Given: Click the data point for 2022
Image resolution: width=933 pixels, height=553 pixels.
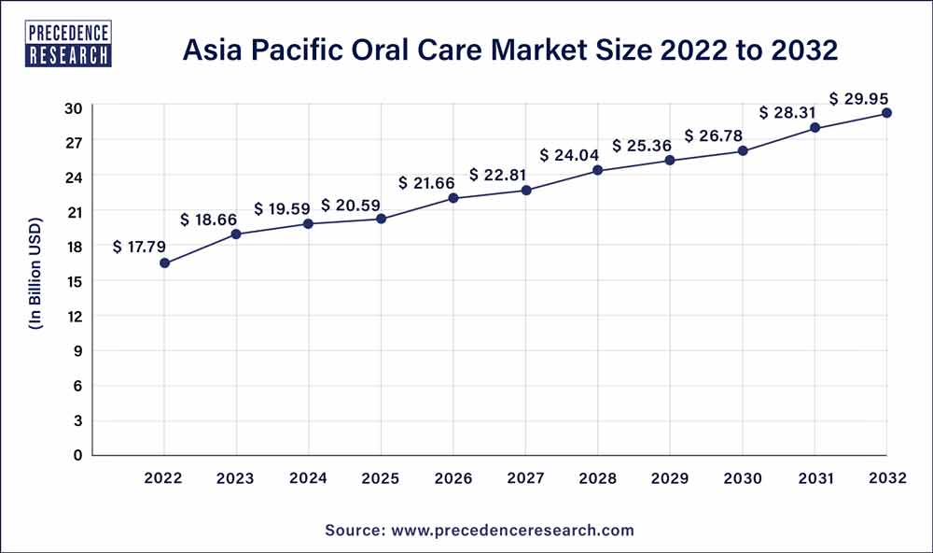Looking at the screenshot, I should (164, 263).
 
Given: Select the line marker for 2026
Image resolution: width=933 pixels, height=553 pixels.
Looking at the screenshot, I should (453, 198).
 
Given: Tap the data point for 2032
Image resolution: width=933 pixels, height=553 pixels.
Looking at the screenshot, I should (886, 113).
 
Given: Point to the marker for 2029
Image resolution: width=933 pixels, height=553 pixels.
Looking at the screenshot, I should (670, 161).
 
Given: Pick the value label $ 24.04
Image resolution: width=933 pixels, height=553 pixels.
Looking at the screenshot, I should (570, 155).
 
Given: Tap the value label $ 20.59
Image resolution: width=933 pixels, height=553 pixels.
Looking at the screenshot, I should (352, 205).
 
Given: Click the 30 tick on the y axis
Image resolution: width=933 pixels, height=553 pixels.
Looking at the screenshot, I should (74, 107).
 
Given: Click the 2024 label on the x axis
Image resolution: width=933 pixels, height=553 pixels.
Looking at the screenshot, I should (308, 479).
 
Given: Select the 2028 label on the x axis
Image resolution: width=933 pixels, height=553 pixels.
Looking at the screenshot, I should (597, 479).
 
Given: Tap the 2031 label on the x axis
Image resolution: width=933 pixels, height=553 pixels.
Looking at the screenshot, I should (815, 479).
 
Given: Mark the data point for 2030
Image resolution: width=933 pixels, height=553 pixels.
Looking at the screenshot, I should (743, 150).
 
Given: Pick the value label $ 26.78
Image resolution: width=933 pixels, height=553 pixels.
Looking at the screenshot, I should (715, 135).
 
